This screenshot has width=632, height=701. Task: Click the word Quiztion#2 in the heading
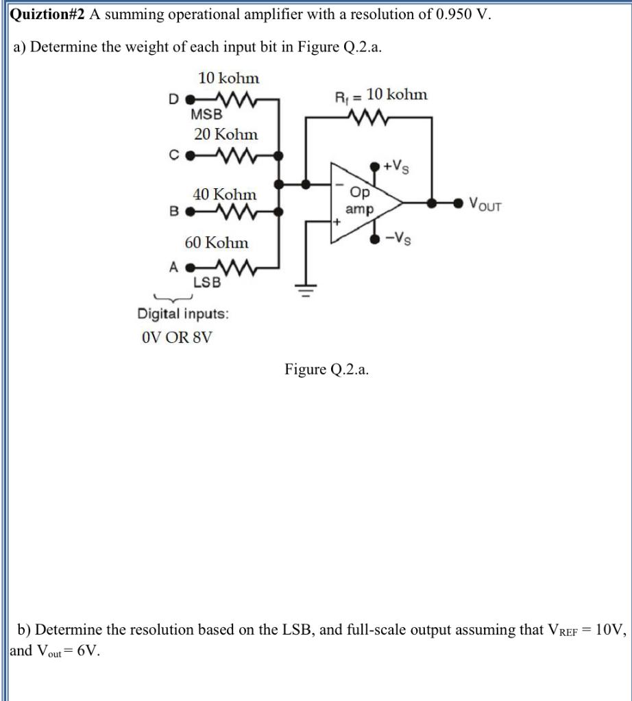click(46, 16)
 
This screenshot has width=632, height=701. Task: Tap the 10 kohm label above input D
click(229, 79)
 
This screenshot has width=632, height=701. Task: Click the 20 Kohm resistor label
click(226, 134)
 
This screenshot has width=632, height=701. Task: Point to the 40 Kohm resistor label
click(225, 194)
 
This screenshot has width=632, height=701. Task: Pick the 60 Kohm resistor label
click(217, 242)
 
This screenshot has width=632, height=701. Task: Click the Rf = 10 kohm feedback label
click(380, 94)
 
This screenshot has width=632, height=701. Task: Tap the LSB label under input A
click(206, 281)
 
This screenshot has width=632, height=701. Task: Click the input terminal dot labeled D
click(191, 99)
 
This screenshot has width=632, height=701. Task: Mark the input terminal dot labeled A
click(191, 266)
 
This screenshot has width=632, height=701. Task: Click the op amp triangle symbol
click(360, 203)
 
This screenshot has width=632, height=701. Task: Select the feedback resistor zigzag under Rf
click(369, 117)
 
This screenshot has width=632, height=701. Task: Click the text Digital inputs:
click(183, 314)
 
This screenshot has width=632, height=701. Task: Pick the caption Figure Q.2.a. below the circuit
click(326, 370)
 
